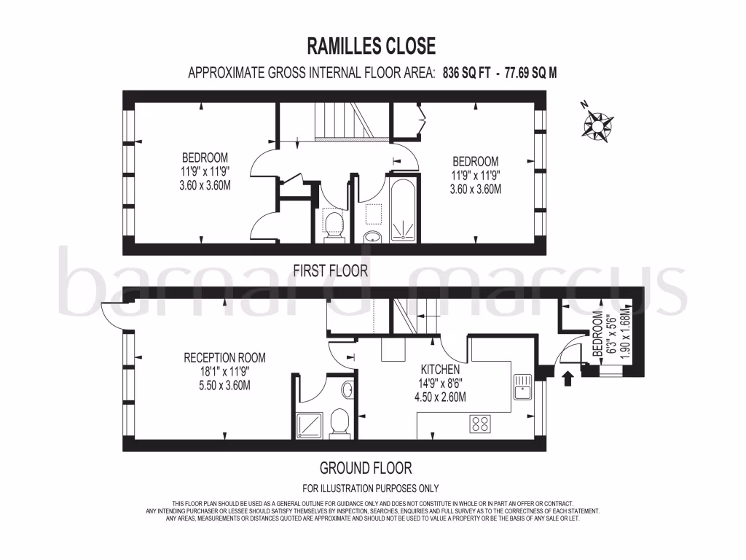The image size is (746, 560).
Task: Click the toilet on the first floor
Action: point(334,222)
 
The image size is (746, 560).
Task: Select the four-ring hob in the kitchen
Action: point(479,423)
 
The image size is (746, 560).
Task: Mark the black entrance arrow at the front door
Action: point(569,376)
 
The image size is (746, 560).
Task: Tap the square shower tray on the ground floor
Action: point(306,426)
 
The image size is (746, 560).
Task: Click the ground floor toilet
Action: point(339,424)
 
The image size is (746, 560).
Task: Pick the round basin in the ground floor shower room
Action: point(348,389)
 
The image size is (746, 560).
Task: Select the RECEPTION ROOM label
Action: point(224,357)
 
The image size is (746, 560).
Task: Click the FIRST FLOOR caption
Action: point(330,271)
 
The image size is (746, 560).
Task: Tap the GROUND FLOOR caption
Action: point(366,467)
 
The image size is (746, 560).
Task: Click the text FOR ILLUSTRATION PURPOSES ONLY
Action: point(370,489)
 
